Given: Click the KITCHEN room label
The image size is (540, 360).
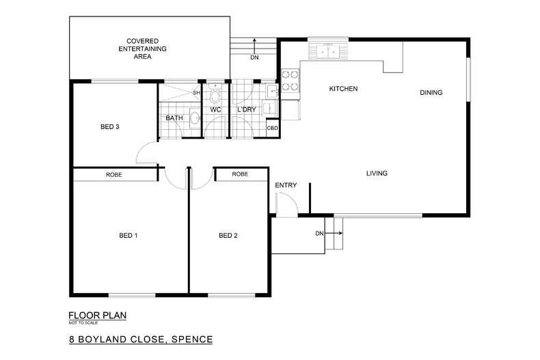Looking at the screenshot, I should click(344, 89).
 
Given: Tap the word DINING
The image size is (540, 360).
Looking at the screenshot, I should click(431, 93).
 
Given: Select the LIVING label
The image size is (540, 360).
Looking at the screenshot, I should click(377, 174).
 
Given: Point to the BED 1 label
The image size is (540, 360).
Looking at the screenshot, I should click(129, 236).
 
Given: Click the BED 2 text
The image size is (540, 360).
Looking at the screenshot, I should click(228, 236).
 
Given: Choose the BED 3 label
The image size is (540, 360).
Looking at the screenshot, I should click(110, 127).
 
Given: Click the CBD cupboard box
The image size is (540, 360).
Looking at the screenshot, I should click(272, 128).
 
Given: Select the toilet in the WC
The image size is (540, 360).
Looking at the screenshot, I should click(215, 93).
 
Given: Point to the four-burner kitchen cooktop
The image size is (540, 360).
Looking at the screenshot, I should click(289, 81).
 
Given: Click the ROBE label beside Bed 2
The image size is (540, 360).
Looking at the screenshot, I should click(240, 175).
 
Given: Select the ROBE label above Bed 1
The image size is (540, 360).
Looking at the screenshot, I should click(114, 175).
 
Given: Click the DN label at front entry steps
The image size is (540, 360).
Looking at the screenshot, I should click(319, 234).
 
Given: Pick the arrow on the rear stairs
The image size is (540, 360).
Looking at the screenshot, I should click(254, 45).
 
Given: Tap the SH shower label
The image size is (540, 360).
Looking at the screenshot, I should click(196, 92).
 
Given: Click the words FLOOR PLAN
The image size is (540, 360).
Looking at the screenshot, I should click(97, 316).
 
